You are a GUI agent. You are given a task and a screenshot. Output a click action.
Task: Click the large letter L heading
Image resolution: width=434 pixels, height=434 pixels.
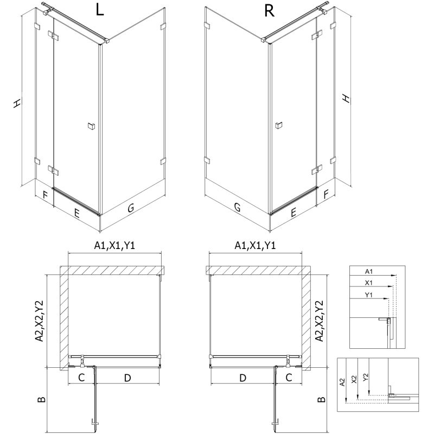point(99,11)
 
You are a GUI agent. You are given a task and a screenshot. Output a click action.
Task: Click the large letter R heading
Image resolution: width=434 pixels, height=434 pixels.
point(269,11)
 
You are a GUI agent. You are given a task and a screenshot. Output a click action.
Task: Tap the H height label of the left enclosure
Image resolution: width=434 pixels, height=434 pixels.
point(18,103)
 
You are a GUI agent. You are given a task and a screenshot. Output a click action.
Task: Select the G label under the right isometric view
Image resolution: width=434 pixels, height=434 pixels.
point(237,207)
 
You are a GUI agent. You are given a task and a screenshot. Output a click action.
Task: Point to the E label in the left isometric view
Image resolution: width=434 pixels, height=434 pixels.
point(77,213)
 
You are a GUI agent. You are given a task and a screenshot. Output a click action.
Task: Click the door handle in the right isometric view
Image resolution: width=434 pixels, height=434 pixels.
point(278,126)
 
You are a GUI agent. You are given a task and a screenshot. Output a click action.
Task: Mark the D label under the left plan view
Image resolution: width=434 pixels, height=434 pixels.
point(127,378)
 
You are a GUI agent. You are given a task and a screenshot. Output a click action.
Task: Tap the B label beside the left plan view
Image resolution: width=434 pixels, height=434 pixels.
point(41,401)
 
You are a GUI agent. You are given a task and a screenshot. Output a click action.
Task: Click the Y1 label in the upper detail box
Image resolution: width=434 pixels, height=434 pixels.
point(369,295)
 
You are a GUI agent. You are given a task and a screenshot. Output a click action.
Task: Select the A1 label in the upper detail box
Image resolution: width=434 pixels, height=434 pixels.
point(369,271)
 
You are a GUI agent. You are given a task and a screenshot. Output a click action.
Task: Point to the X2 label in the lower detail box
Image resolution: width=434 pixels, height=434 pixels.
point(354,381)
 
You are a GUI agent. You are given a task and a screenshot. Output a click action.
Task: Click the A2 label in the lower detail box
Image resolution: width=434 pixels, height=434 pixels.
point(342,383)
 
